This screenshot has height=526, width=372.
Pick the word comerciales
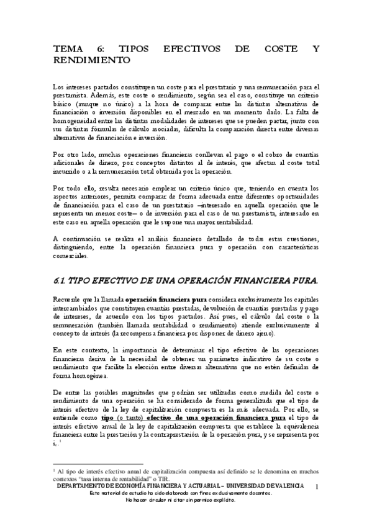(x=71, y=256)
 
